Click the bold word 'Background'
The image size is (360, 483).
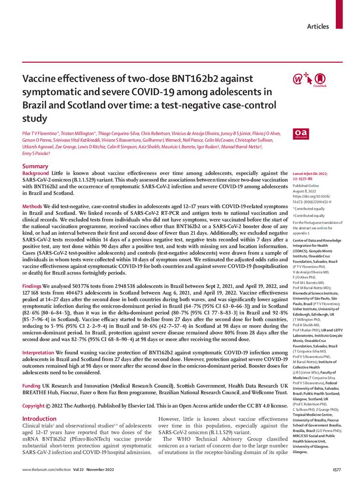pos(36,173)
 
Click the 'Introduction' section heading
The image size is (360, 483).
pos(40,419)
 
